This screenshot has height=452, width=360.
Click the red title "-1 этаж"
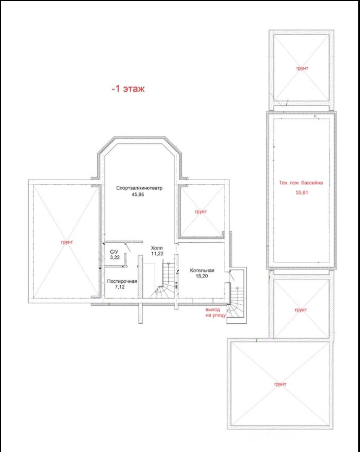coord(128,88)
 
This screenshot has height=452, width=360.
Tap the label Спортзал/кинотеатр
coord(139,188)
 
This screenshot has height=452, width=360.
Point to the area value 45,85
coord(138,195)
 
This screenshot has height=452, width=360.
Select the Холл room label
coord(157,248)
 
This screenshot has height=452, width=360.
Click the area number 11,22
coord(157,254)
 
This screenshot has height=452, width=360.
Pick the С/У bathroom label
coord(114,252)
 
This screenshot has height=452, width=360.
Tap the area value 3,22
coord(115,257)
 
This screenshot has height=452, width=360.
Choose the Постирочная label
coord(122,281)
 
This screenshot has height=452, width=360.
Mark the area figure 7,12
coord(120,287)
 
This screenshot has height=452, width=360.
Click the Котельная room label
coord(202,270)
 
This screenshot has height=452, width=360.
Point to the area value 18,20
coord(201,276)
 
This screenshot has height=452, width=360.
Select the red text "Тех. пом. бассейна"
coord(300,183)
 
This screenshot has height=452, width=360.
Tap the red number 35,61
coord(302,192)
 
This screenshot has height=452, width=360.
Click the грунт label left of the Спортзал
coord(67,242)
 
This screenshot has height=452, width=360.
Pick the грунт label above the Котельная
coord(201,212)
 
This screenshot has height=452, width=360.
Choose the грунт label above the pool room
coord(302,68)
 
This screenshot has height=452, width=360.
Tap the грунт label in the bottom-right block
coord(280,384)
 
